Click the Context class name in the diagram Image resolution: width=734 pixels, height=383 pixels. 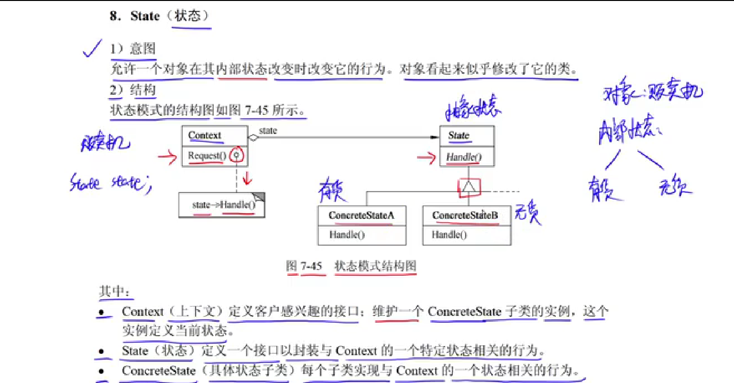pyautogui.click(x=205, y=135)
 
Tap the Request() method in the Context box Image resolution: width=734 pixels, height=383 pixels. pyautogui.click(x=207, y=156)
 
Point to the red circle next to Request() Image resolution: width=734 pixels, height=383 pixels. pyautogui.click(x=236, y=155)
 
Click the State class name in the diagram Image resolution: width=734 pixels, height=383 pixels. pyautogui.click(x=459, y=135)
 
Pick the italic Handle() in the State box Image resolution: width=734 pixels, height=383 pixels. pyautogui.click(x=463, y=157)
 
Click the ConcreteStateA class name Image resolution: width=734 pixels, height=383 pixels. pyautogui.click(x=361, y=215)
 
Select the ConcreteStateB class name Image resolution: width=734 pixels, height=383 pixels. pyautogui.click(x=465, y=215)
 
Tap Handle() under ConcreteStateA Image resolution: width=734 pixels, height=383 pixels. pyautogui.click(x=347, y=235)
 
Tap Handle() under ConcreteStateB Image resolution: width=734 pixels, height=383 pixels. pyautogui.click(x=449, y=235)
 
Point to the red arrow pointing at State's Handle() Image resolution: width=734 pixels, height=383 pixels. pyautogui.click(x=426, y=157)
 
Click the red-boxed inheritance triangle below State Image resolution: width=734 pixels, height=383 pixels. pyautogui.click(x=469, y=187)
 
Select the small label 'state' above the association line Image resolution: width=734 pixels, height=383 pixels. pyautogui.click(x=268, y=131)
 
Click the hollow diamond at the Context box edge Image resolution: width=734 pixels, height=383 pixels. pyautogui.click(x=253, y=138)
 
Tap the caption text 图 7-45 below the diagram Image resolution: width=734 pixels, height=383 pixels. pyautogui.click(x=304, y=266)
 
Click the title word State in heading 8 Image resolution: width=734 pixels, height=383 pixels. pyautogui.click(x=145, y=16)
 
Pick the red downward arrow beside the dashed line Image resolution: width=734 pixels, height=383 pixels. pyautogui.click(x=247, y=179)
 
